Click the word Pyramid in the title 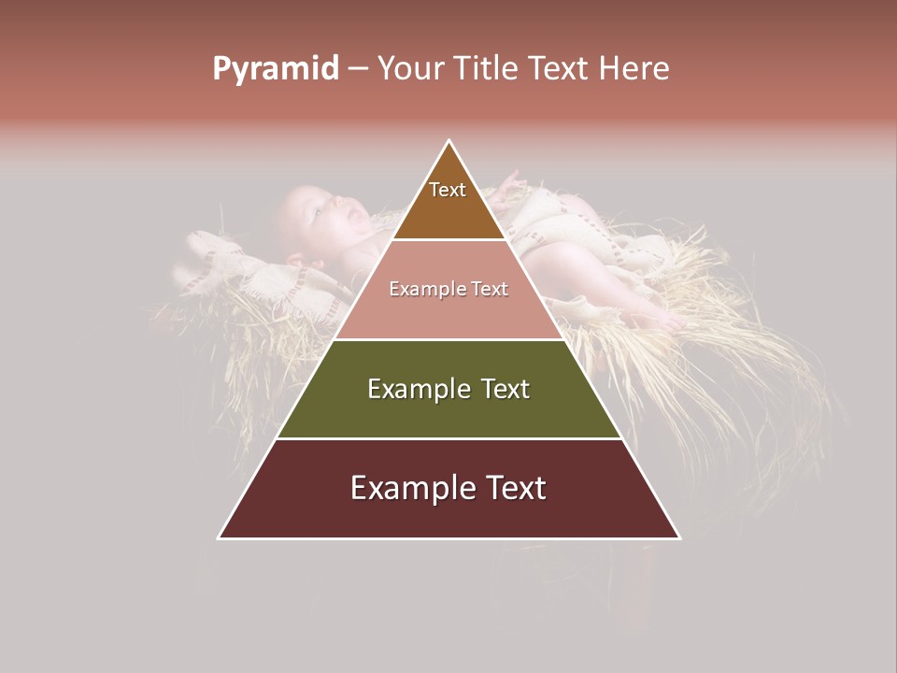coord(275,69)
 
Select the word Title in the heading coord(490,69)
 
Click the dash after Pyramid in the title coord(357,70)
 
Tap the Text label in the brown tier coord(448,190)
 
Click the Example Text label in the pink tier coord(448,289)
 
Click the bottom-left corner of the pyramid coord(219,538)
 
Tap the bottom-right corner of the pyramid coord(679,538)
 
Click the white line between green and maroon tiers coord(448,438)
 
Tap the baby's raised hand coord(509,179)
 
